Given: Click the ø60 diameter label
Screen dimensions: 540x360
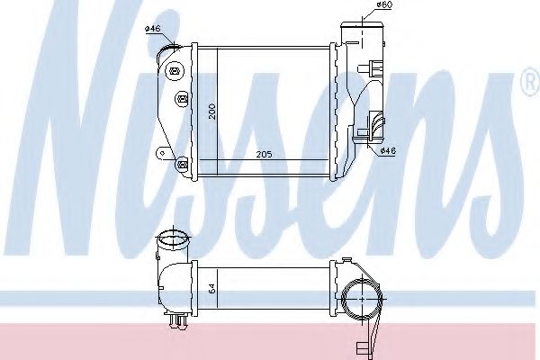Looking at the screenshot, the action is pyautogui.click(x=384, y=4).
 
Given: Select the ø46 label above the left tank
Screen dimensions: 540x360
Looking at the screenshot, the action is pyautogui.click(x=153, y=29).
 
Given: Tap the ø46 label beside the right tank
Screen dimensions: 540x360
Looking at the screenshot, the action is pyautogui.click(x=388, y=150).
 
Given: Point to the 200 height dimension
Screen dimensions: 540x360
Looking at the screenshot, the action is pyautogui.click(x=211, y=111).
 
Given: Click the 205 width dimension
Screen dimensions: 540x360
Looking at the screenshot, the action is pyautogui.click(x=264, y=154).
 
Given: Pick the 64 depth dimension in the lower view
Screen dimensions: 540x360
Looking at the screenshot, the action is pyautogui.click(x=211, y=289).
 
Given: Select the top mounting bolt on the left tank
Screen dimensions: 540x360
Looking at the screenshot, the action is pyautogui.click(x=175, y=72).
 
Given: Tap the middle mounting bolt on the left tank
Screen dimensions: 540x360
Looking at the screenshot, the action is pyautogui.click(x=182, y=99).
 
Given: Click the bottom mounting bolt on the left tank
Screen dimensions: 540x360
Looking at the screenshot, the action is pyautogui.click(x=182, y=164).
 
